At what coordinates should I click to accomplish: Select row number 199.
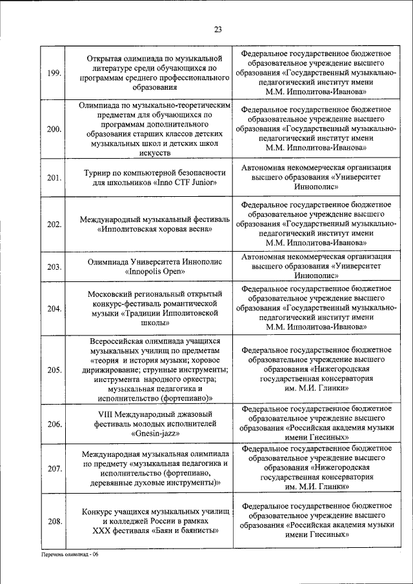[x=55, y=72]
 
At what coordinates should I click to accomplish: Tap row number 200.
[x=55, y=129]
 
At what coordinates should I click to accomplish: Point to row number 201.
[x=55, y=177]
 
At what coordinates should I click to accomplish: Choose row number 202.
[x=55, y=224]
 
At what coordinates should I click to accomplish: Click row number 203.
[x=55, y=267]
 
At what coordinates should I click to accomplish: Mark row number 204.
[x=55, y=308]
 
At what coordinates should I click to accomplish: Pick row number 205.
[x=55, y=370]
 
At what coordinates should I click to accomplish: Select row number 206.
[x=55, y=424]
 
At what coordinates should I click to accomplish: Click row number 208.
[x=55, y=521]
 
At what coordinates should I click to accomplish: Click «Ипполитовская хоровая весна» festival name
[x=154, y=229]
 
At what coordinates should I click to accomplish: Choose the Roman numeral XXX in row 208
[x=105, y=531]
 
